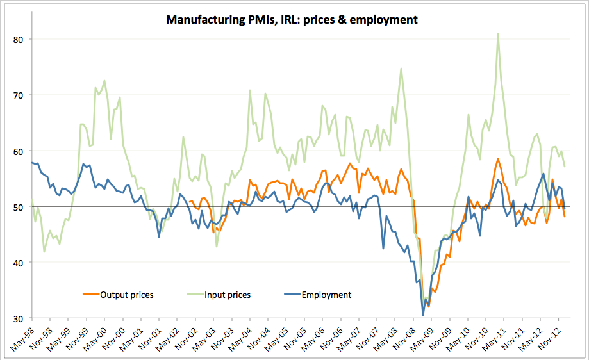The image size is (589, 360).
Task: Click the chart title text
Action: coord(292,20)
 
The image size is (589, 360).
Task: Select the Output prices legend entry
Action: coord(126,295)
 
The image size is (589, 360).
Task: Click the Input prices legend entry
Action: coord(227,295)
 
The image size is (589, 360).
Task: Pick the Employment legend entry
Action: coord(327,295)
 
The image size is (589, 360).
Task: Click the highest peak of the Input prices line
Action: coord(498,34)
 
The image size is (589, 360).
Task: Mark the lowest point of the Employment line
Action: coord(423,315)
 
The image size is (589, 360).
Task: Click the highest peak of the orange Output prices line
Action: coord(497,159)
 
